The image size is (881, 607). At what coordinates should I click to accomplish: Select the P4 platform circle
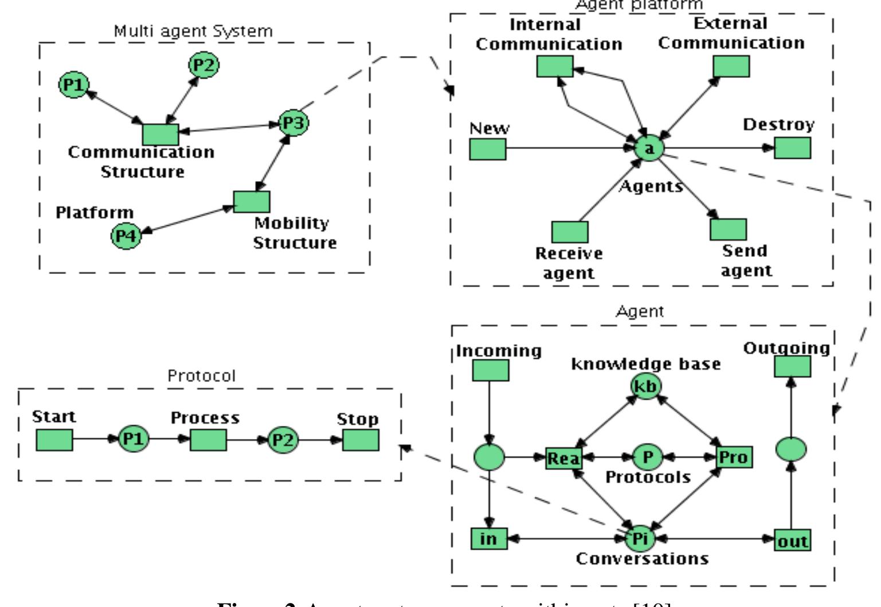(x=126, y=236)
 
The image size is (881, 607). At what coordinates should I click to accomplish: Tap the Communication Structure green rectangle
(x=160, y=134)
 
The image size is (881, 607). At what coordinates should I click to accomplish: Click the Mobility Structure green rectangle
(x=252, y=201)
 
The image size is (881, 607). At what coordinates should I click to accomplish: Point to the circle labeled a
(x=649, y=148)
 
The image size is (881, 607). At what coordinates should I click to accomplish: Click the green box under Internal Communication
(x=555, y=66)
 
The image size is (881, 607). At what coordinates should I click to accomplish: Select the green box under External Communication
(x=731, y=66)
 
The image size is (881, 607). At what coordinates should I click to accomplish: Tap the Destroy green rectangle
(x=793, y=147)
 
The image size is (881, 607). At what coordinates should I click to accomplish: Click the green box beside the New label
(x=488, y=149)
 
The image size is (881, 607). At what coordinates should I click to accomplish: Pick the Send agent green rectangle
(x=729, y=229)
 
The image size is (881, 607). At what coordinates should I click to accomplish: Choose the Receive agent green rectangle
(x=570, y=232)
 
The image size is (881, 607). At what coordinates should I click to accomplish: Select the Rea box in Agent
(x=563, y=457)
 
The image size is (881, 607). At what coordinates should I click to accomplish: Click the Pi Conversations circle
(x=640, y=539)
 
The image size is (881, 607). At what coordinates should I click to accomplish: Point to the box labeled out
(x=793, y=541)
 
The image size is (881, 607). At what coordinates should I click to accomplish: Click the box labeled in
(x=489, y=539)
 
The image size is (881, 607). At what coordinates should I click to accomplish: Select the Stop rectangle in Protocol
(x=361, y=440)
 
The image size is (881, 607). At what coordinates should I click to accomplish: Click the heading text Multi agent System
(x=193, y=31)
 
